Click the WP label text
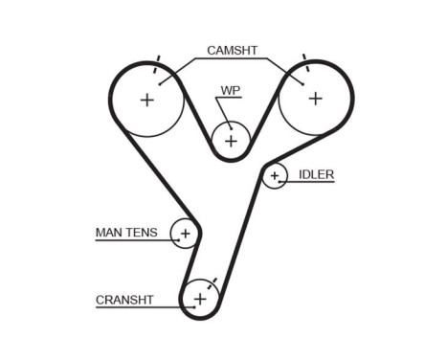click(231, 91)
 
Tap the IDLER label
click(316, 174)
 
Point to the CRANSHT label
click(124, 300)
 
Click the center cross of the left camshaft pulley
click(146, 99)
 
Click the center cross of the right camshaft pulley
click(314, 97)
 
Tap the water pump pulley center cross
click(231, 141)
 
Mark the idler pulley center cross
click(275, 175)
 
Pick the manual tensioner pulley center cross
click(185, 233)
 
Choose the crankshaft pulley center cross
click(200, 300)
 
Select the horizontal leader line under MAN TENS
click(134, 240)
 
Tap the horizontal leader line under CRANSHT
click(134, 307)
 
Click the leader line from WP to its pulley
click(226, 110)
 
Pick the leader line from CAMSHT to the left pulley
click(177, 72)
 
